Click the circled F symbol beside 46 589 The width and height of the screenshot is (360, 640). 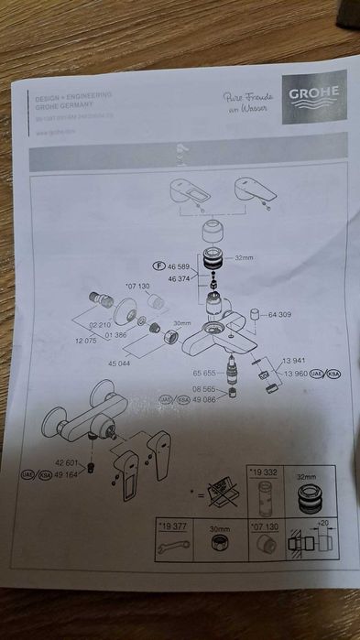point(158,266)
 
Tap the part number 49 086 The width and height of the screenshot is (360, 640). point(203,400)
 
